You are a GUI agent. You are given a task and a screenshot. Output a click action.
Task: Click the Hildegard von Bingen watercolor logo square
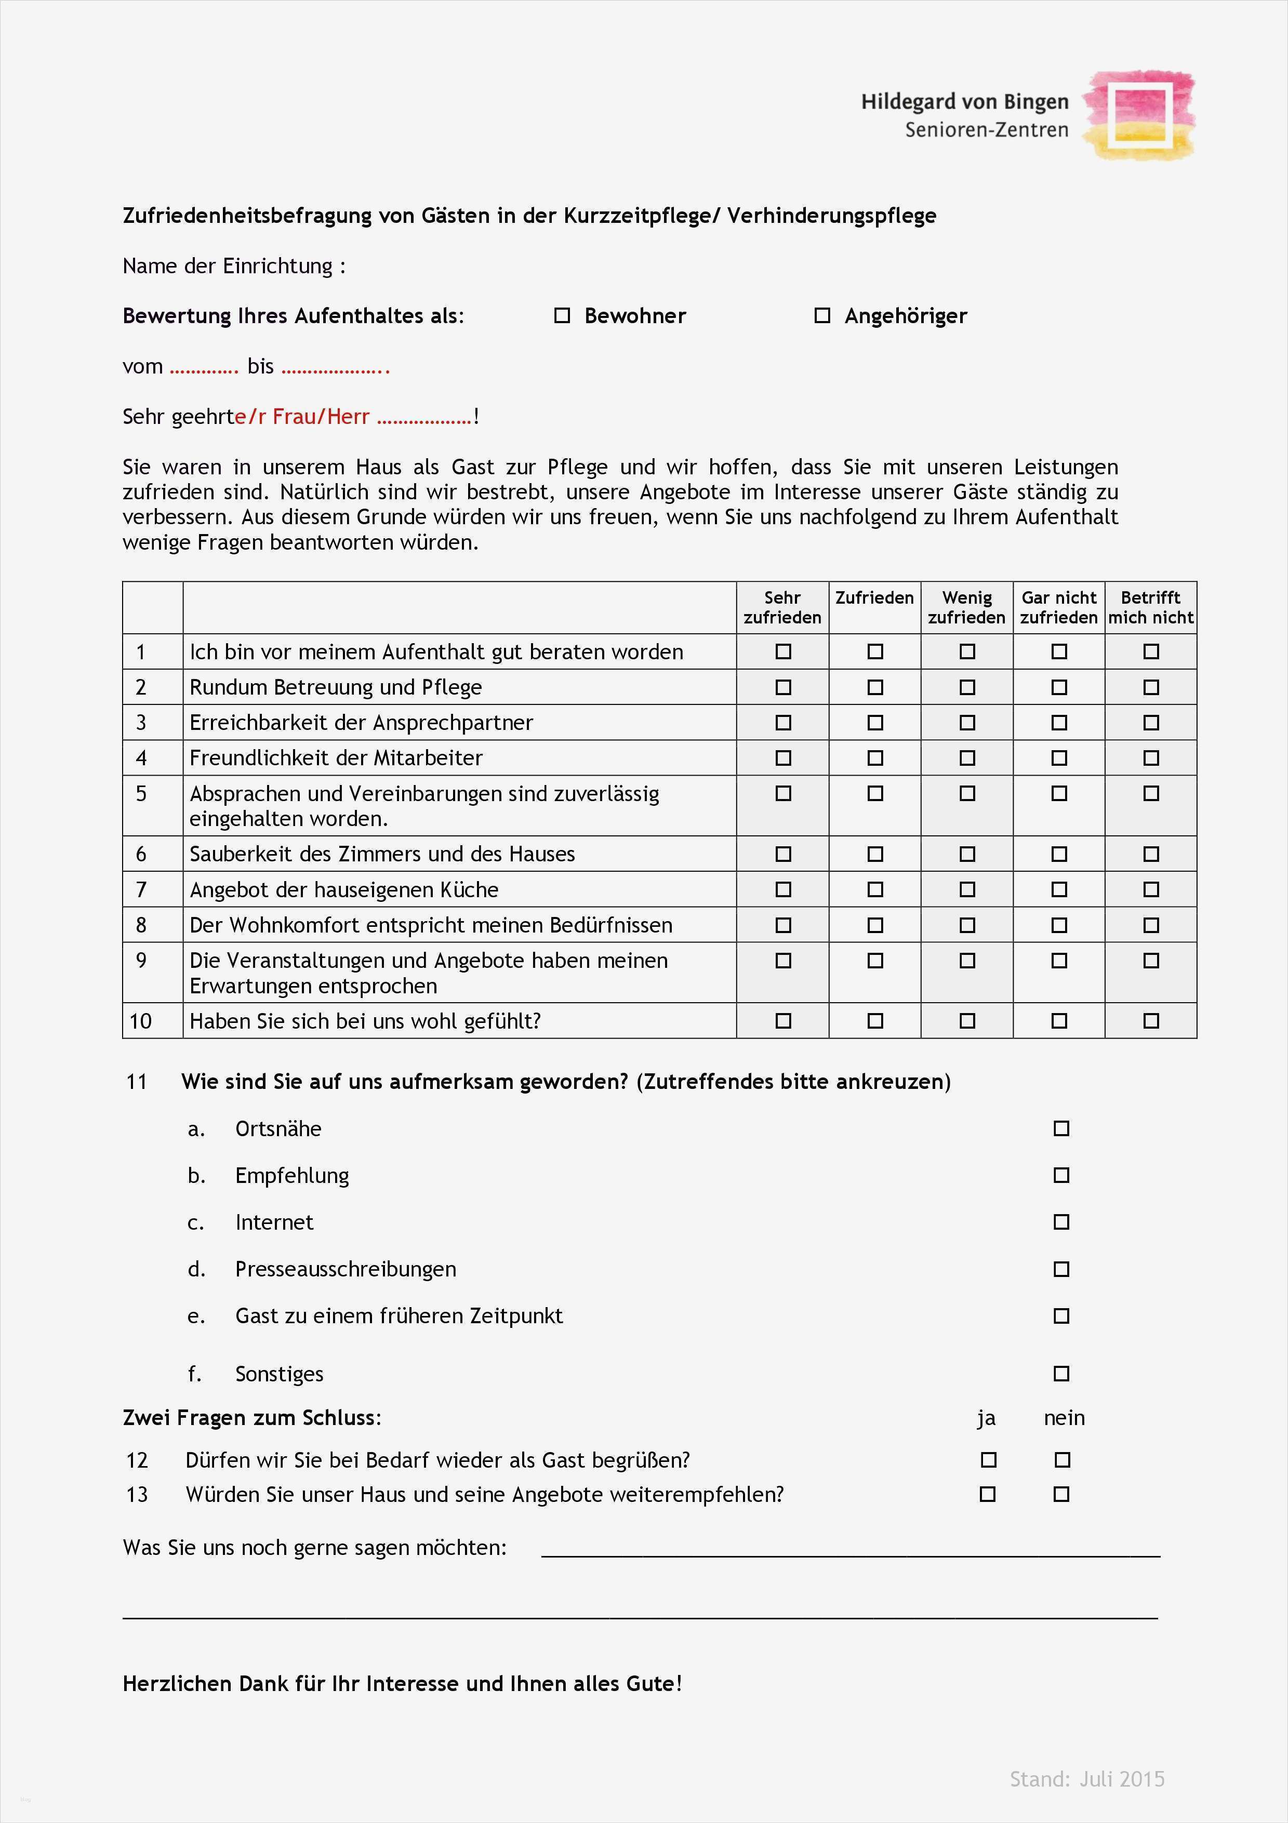[x=1139, y=115]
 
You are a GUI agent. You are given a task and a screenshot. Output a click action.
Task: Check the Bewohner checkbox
[x=562, y=316]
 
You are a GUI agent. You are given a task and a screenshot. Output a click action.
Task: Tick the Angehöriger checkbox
[x=822, y=316]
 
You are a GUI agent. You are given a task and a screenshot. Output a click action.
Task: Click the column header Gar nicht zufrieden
[x=1058, y=607]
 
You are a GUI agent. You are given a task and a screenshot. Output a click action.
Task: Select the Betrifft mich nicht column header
[x=1151, y=607]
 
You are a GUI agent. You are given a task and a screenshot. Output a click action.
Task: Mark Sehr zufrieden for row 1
[x=783, y=652]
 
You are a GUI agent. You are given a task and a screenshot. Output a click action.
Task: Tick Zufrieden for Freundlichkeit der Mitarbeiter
[x=875, y=759]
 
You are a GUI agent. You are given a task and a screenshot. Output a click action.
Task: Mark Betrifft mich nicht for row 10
[x=1151, y=1021]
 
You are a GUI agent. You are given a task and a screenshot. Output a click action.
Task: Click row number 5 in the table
[x=141, y=794]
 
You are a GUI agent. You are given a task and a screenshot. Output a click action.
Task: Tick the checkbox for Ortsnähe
[x=1061, y=1129]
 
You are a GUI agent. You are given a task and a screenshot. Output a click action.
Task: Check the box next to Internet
[x=1061, y=1222]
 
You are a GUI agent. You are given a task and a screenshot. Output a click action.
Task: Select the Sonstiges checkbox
[x=1061, y=1374]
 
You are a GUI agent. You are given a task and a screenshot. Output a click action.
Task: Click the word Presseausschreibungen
[x=346, y=1269]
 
